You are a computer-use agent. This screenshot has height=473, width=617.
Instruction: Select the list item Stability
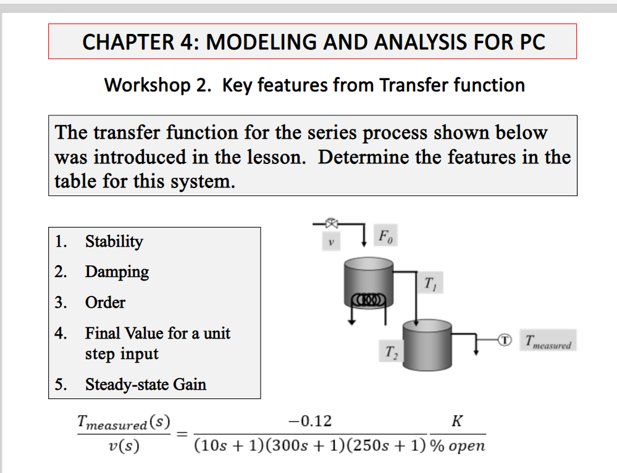pyautogui.click(x=114, y=241)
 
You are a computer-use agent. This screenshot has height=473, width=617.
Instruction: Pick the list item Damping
pyautogui.click(x=117, y=271)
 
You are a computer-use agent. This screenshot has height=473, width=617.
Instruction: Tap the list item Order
pyautogui.click(x=105, y=302)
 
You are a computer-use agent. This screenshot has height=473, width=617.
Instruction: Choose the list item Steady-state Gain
pyautogui.click(x=145, y=384)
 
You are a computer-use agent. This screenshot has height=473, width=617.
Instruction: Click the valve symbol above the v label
pyautogui.click(x=332, y=223)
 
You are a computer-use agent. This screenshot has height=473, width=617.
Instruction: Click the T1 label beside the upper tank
pyautogui.click(x=430, y=284)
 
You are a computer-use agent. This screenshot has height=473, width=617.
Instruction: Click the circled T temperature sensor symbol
pyautogui.click(x=505, y=339)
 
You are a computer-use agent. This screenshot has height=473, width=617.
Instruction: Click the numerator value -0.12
pyautogui.click(x=310, y=421)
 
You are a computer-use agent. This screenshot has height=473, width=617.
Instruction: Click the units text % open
pyautogui.click(x=458, y=445)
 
